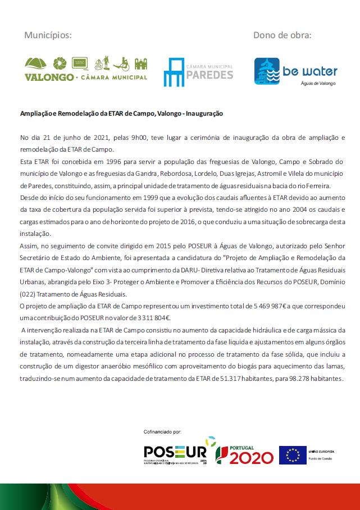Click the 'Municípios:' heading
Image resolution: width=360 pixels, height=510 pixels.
tap(48, 35)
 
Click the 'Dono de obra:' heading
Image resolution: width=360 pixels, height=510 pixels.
tap(282, 35)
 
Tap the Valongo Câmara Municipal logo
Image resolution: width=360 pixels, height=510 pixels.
tap(86, 68)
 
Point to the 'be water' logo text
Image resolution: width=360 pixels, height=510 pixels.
tap(311, 71)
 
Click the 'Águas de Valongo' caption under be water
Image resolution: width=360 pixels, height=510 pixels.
tap(315, 83)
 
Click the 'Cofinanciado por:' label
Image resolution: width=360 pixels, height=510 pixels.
tap(163, 432)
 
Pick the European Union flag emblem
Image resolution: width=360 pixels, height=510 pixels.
tap(293, 454)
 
